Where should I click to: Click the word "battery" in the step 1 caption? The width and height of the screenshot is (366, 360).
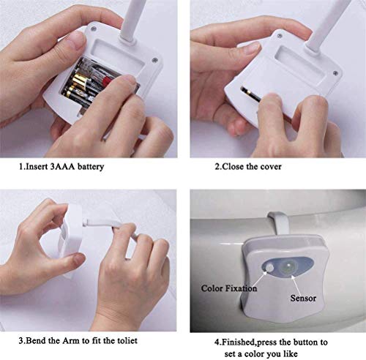[x=91, y=167]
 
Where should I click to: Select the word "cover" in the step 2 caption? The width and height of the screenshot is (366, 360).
[x=271, y=167]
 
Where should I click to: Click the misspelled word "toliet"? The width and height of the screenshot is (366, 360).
[x=127, y=340]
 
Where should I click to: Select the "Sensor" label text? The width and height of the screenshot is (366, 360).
[x=303, y=298]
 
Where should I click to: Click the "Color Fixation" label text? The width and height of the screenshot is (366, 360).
[x=229, y=288]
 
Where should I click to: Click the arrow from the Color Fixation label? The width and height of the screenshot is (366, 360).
[x=260, y=279]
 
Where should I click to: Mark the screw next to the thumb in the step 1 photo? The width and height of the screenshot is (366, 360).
[x=93, y=29]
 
